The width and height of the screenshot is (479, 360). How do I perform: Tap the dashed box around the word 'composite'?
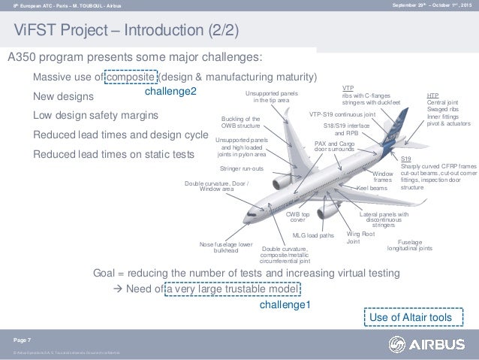click(x=131, y=77)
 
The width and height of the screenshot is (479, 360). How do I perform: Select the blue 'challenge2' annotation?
click(x=171, y=90)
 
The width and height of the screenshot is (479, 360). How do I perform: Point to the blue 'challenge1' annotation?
click(x=285, y=305)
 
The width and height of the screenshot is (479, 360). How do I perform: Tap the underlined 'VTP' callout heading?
click(x=348, y=88)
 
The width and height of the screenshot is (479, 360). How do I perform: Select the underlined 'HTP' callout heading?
click(x=432, y=96)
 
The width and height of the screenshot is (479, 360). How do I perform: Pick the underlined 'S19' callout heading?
click(x=405, y=159)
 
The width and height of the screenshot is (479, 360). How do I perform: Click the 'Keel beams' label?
click(x=372, y=187)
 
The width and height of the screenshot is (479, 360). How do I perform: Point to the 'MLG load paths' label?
click(x=313, y=235)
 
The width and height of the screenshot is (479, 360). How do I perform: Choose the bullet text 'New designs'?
click(x=64, y=96)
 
